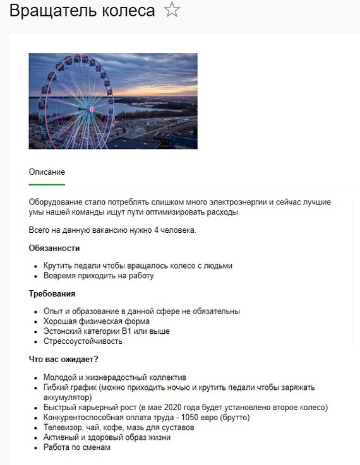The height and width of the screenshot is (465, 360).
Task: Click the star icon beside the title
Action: point(172,11)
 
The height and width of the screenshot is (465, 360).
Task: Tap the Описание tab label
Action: point(47,172)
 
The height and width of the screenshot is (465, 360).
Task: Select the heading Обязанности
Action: point(54,248)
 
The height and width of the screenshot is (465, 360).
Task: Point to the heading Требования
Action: point(52,293)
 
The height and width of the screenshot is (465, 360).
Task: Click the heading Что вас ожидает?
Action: point(63,359)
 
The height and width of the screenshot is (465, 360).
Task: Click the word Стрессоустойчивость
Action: point(83,341)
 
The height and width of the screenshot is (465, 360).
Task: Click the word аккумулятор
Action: point(68,397)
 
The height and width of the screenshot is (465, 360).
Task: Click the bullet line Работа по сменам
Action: point(77,447)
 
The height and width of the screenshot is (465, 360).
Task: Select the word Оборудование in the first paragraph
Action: point(57,202)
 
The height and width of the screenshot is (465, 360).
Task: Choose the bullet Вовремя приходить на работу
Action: point(99,276)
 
